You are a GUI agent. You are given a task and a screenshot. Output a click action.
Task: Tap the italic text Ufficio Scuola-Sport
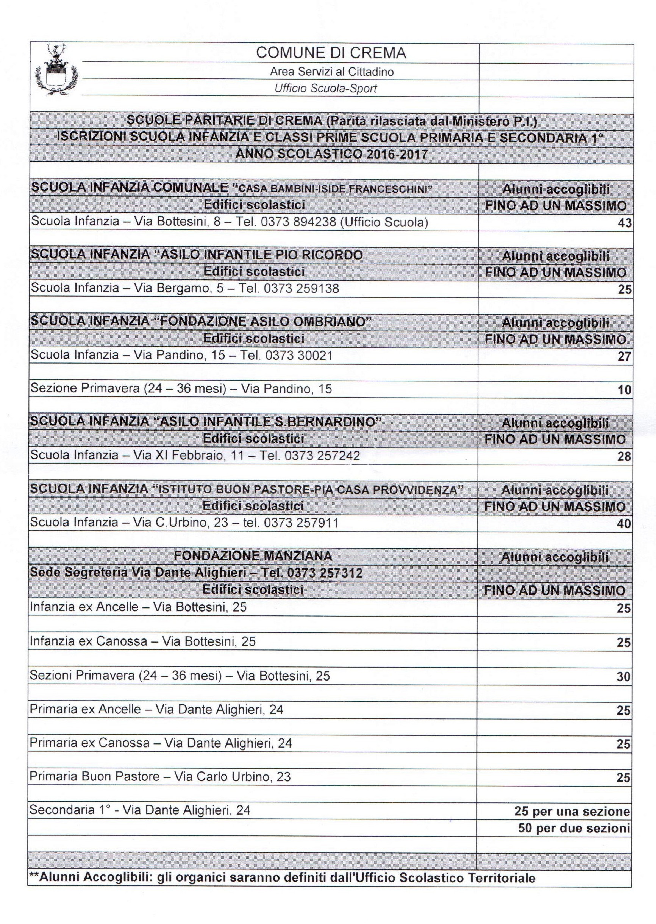pos(326,89)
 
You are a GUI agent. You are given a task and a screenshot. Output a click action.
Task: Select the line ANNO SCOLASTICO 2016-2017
pos(331,154)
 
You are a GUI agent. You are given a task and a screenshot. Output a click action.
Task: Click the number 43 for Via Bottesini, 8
pos(625,223)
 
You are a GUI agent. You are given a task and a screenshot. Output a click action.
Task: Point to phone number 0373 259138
pos(301,288)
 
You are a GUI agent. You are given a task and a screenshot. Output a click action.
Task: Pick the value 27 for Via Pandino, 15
pos(625,357)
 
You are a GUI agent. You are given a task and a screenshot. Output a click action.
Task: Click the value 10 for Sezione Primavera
pos(625,390)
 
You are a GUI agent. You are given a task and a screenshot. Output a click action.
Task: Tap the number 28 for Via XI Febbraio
pos(624,457)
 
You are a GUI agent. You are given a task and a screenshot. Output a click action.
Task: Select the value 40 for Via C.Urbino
pos(624,524)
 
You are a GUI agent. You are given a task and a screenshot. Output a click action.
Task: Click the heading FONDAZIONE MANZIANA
pos(253,556)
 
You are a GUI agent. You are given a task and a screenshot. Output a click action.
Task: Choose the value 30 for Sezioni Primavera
pos(624,677)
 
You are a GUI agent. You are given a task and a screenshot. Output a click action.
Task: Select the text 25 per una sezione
pos(572,811)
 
